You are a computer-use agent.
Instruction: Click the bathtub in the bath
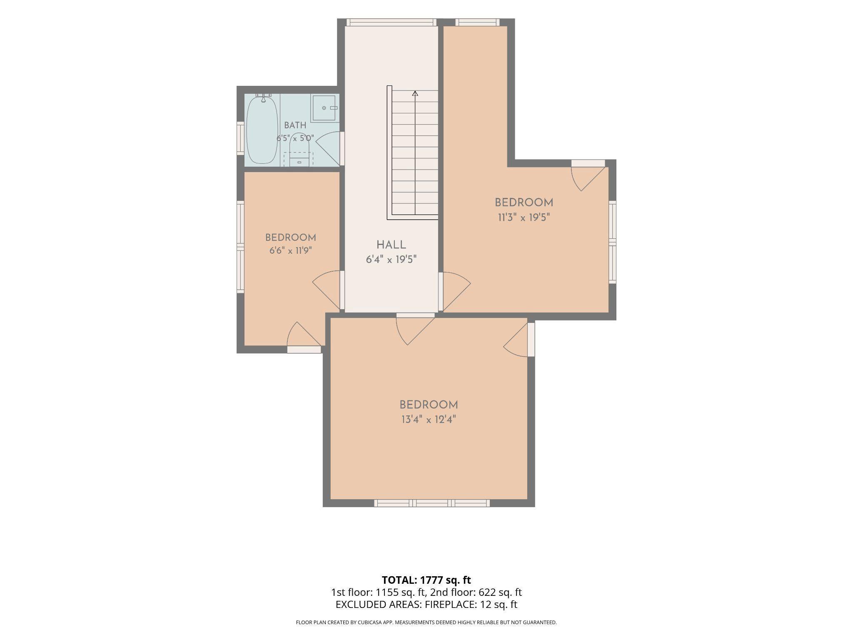(262, 130)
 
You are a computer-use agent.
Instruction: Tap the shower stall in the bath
(324, 108)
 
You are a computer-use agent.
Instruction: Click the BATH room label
(295, 125)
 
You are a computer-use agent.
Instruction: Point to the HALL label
(391, 245)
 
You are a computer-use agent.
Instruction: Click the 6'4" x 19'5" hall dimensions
(391, 260)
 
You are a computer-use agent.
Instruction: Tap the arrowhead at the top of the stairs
(415, 93)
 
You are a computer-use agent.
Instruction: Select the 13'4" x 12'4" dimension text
(429, 419)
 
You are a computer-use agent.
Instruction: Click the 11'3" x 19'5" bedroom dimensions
(524, 217)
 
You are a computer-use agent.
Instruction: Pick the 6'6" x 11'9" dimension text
(290, 251)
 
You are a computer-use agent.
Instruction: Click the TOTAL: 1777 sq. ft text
(426, 580)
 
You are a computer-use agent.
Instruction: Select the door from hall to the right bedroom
(455, 291)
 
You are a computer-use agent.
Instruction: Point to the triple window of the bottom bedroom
(432, 503)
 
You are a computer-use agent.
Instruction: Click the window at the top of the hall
(391, 22)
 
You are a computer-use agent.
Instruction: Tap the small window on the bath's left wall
(240, 138)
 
